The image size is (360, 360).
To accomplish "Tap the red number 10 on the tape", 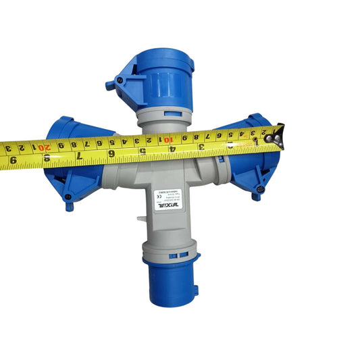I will [x=165, y=139].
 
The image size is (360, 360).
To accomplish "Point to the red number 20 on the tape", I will [x=43, y=145].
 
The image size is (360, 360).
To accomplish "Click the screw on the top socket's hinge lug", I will [x=119, y=80].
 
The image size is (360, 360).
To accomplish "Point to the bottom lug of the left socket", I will [x=68, y=202].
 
